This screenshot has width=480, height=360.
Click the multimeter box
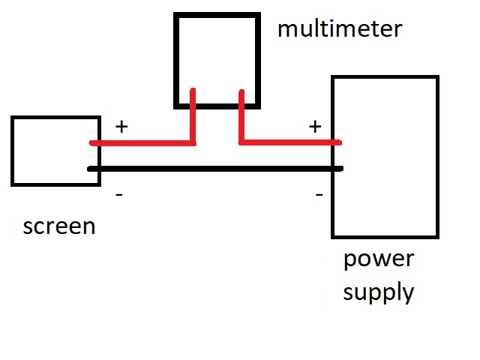[x=217, y=45]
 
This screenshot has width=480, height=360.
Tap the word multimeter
[x=339, y=29]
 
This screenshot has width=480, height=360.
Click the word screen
[x=59, y=226]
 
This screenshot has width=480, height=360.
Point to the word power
[x=378, y=259]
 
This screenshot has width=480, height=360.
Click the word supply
[x=378, y=291]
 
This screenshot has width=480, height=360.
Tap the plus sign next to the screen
[x=121, y=127]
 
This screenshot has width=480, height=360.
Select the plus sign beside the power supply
[x=315, y=127]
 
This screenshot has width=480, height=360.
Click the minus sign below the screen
[x=119, y=195]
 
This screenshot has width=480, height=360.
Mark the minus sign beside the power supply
[x=319, y=195]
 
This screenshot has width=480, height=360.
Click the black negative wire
[x=217, y=169]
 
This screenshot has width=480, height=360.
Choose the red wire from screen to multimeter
[x=142, y=142]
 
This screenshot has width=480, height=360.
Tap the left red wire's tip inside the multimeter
[x=194, y=92]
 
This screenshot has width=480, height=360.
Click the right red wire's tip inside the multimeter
[x=241, y=93]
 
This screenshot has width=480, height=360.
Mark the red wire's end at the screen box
[x=92, y=142]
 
